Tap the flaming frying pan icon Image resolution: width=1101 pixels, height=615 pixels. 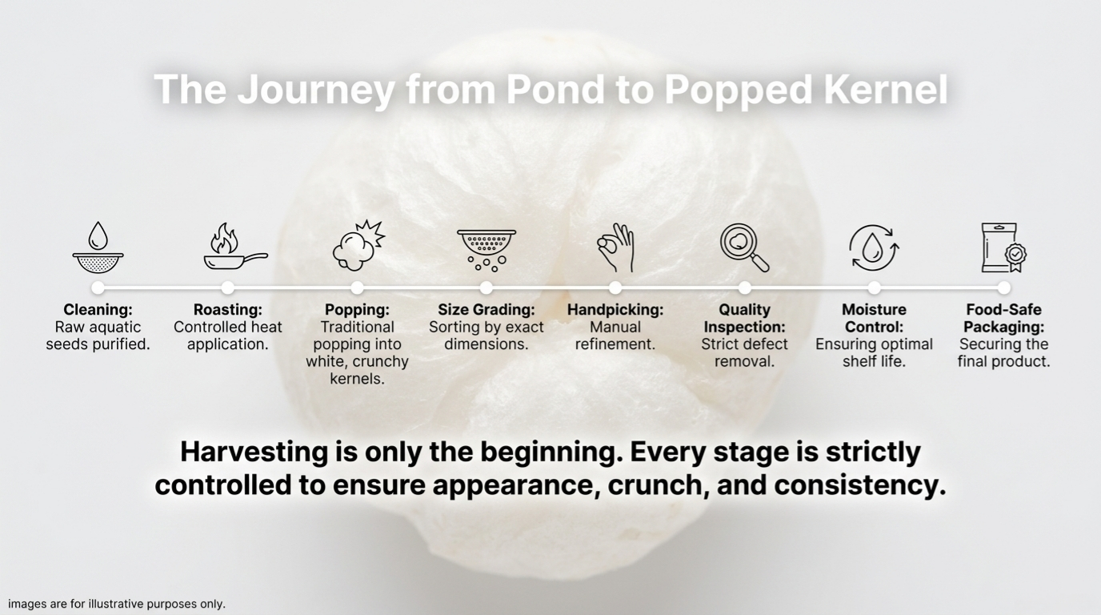(236, 247)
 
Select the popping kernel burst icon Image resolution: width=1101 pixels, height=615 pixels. (358, 246)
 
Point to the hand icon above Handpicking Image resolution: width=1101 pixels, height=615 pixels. (615, 247)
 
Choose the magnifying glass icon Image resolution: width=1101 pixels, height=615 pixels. (744, 247)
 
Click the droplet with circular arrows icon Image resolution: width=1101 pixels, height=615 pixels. (874, 248)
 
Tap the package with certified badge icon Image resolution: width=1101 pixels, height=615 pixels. (1003, 247)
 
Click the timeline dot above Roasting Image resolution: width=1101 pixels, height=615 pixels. (227, 287)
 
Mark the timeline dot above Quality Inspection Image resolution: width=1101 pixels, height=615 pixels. (745, 287)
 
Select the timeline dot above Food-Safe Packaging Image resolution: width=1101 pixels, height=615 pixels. (1003, 287)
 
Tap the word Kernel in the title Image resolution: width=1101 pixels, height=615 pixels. (885, 90)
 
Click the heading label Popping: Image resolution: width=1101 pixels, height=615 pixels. (358, 309)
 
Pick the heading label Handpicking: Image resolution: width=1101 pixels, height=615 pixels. (615, 309)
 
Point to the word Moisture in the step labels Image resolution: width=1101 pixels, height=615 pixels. (874, 309)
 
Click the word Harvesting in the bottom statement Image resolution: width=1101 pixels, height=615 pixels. (254, 452)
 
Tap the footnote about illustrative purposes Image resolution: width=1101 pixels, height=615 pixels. (117, 604)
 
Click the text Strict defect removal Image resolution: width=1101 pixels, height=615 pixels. (745, 353)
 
